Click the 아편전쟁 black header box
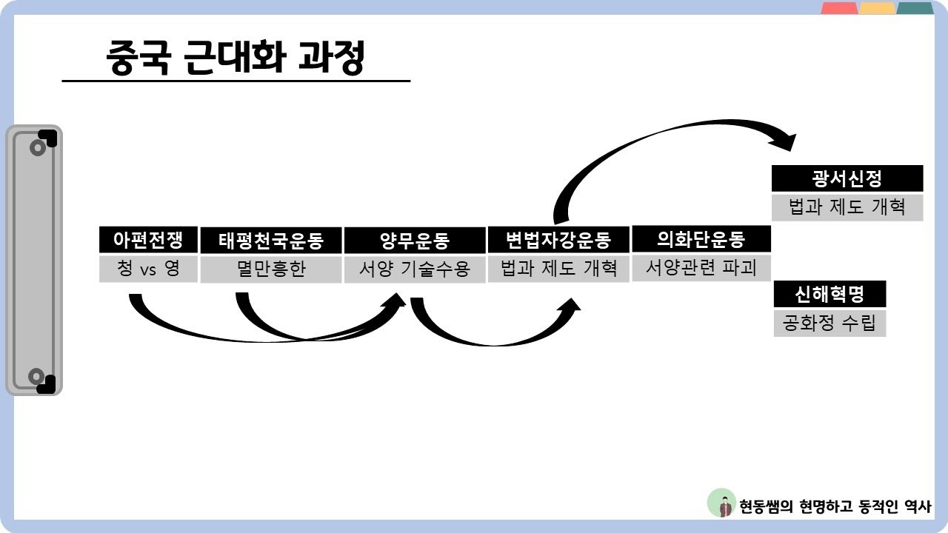[148, 240]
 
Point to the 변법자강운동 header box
[558, 240]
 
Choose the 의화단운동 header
[701, 239]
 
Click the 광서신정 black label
[847, 178]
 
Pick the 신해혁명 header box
[829, 295]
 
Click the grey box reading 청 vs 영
[148, 268]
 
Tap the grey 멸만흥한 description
[270, 269]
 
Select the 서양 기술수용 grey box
[415, 269]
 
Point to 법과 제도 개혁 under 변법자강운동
[558, 268]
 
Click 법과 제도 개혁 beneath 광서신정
[847, 207]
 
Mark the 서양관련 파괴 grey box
[701, 267]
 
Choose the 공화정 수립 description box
[829, 324]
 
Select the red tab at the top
[839, 8]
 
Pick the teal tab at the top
[915, 8]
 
